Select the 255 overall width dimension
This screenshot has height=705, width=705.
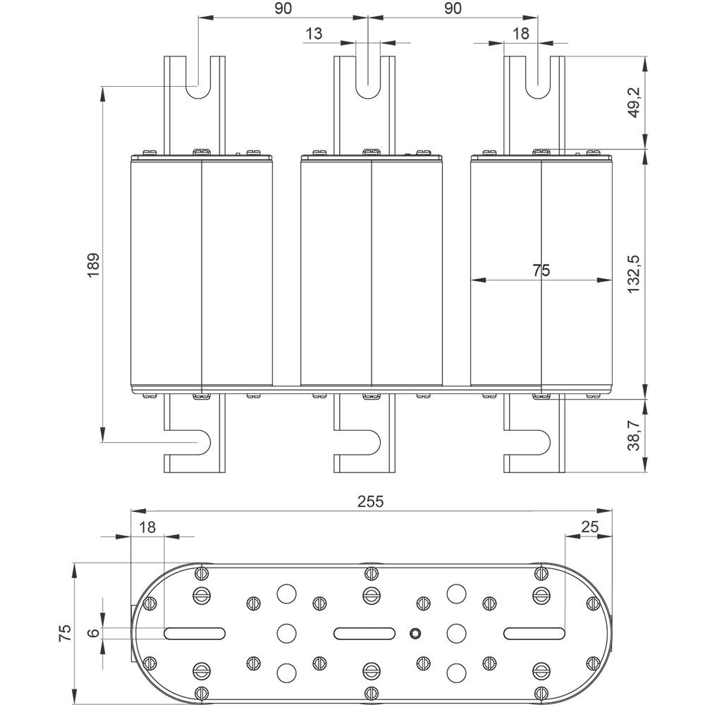[x=370, y=501]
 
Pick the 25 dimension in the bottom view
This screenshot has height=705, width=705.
[x=590, y=526]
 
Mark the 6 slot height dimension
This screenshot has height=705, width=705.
[x=93, y=632]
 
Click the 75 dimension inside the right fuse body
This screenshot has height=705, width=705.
[x=541, y=269]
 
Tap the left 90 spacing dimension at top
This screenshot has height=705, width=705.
[x=283, y=8]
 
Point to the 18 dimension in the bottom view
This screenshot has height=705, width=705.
[x=147, y=526]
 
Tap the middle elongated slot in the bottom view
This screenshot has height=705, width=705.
[x=364, y=633]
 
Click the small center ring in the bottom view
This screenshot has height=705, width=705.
[x=416, y=633]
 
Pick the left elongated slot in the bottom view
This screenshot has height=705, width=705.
[x=195, y=633]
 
